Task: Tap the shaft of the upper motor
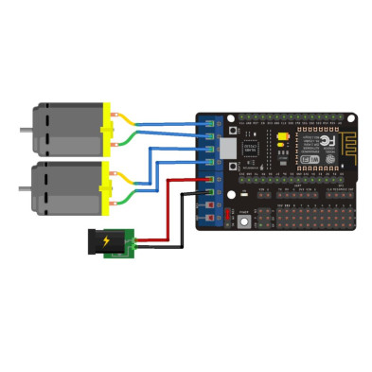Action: click(x=20, y=130)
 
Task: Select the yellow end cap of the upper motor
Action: click(x=105, y=130)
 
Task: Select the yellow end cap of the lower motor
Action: click(x=105, y=186)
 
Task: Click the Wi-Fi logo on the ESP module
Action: click(x=306, y=164)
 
